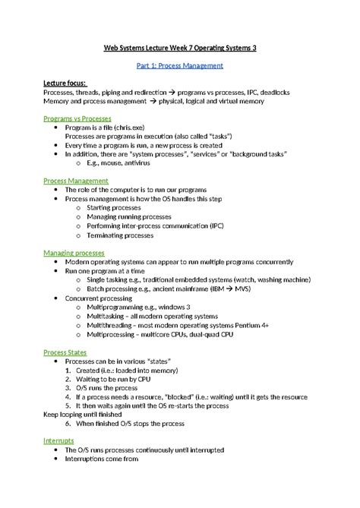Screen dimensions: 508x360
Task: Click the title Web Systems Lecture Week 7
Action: (179, 48)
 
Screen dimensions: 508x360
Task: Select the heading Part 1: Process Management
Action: (179, 66)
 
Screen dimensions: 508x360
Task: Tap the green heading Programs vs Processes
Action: (77, 119)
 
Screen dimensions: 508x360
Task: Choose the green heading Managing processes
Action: (74, 252)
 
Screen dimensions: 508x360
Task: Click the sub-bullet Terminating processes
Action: (120, 235)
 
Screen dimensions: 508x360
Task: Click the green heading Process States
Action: (65, 352)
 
